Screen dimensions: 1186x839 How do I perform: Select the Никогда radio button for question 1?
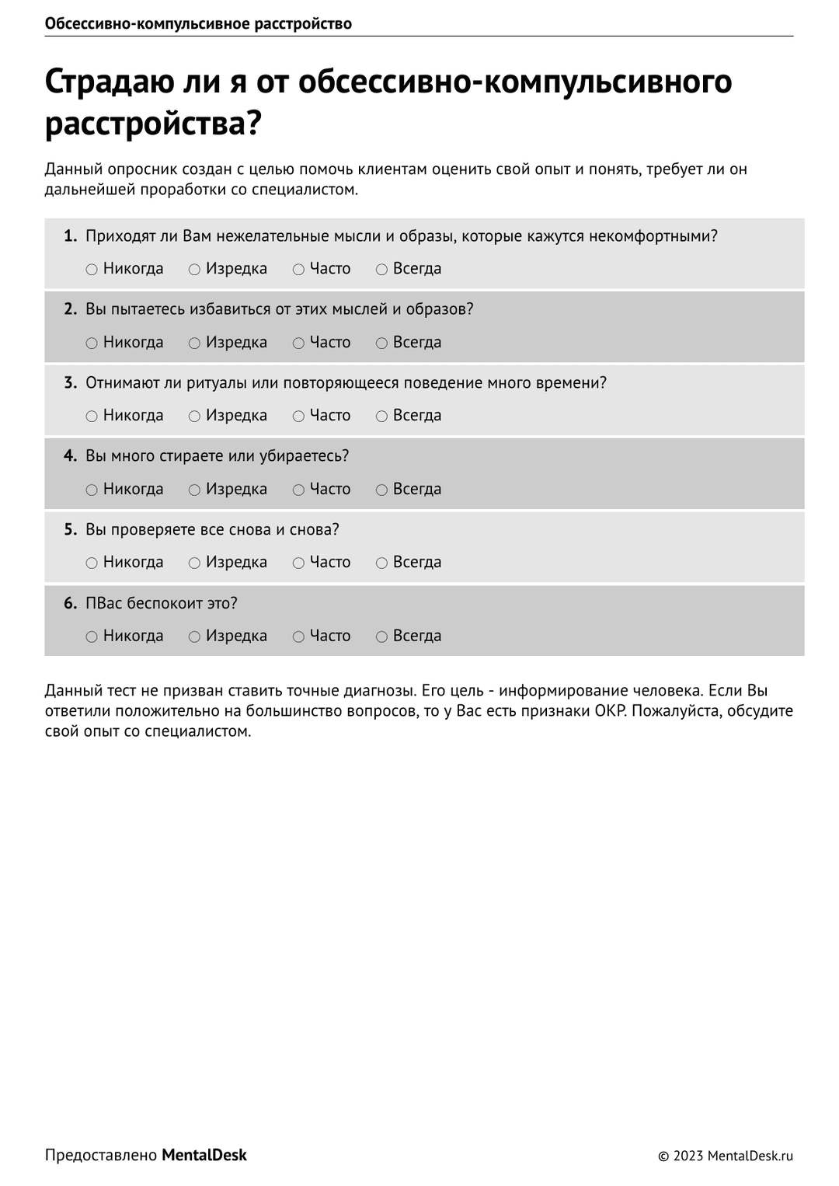pos(92,270)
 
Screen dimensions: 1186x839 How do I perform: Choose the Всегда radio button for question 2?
pos(381,344)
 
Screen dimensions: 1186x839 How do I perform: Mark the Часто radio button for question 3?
pos(298,417)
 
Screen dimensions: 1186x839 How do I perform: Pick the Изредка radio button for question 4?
pos(194,490)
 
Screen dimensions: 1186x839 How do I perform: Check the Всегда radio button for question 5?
pos(381,563)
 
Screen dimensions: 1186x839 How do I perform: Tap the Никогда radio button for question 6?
pos(92,637)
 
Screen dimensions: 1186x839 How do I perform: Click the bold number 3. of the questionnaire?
pos(70,382)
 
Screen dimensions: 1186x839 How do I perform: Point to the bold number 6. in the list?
pos(70,603)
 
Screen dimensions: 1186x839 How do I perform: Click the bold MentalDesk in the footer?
pos(204,1155)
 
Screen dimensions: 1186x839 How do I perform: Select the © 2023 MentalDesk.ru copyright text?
pos(726,1156)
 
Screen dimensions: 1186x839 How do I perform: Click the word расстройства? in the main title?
pos(153,123)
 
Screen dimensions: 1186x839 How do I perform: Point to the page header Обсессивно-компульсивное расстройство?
pos(198,23)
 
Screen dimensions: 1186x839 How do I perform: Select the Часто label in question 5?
pos(329,562)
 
